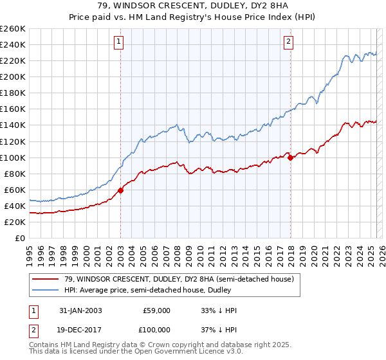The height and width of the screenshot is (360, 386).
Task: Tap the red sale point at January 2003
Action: pyautogui.click(x=121, y=190)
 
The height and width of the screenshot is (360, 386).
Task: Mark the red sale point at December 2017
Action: pyautogui.click(x=291, y=157)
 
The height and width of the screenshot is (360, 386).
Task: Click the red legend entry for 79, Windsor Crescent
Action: pyautogui.click(x=179, y=279)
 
